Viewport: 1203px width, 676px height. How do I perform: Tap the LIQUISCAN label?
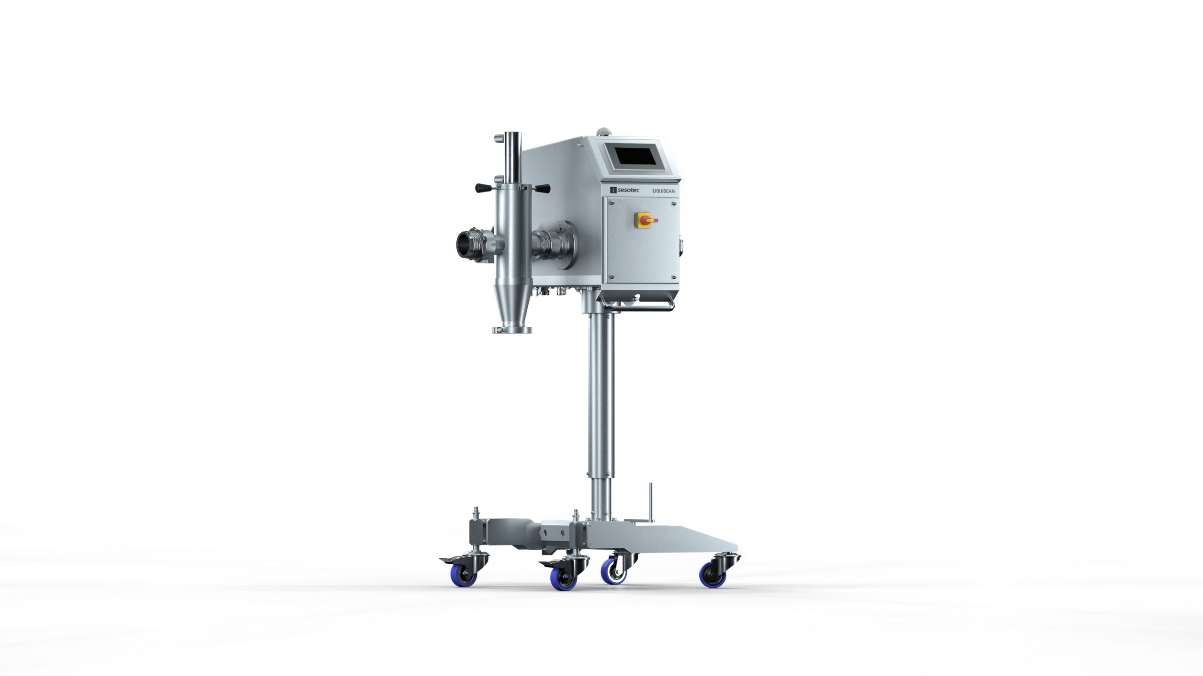[664, 191]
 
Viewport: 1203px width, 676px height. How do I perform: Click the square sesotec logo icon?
[613, 190]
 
